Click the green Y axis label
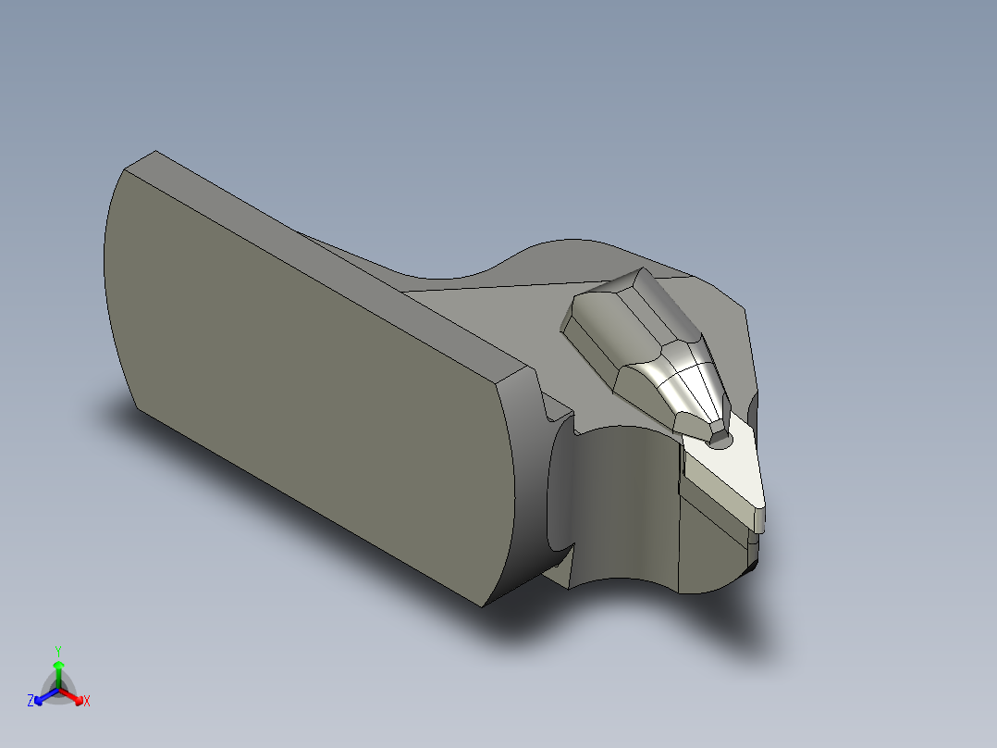coord(58,650)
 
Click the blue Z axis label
coord(31,702)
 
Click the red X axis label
coord(87,702)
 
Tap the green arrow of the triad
coord(58,668)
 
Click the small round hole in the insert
coord(718,442)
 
